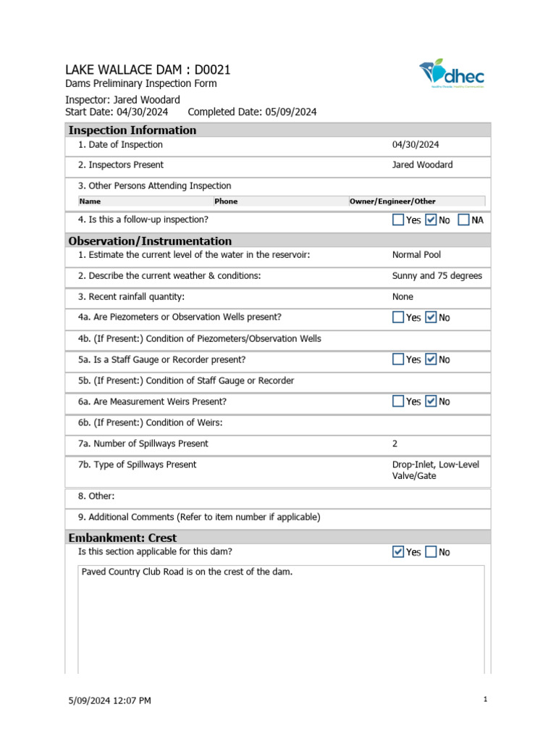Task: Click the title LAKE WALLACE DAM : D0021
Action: point(148,70)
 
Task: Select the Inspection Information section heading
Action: point(132,130)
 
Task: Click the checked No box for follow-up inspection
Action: point(431,220)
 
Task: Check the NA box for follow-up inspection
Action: point(463,220)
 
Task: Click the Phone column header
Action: point(226,201)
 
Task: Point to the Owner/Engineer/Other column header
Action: point(392,201)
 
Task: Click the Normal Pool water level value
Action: point(416,255)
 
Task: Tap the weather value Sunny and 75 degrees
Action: point(437,276)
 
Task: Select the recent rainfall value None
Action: point(403,296)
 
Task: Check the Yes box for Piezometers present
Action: point(398,317)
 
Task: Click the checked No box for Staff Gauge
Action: point(431,359)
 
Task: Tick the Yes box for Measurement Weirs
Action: point(398,401)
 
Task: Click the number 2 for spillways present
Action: point(395,443)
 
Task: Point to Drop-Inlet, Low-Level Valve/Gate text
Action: point(435,470)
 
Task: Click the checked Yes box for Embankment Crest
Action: point(398,552)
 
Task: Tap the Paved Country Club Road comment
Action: point(187,572)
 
